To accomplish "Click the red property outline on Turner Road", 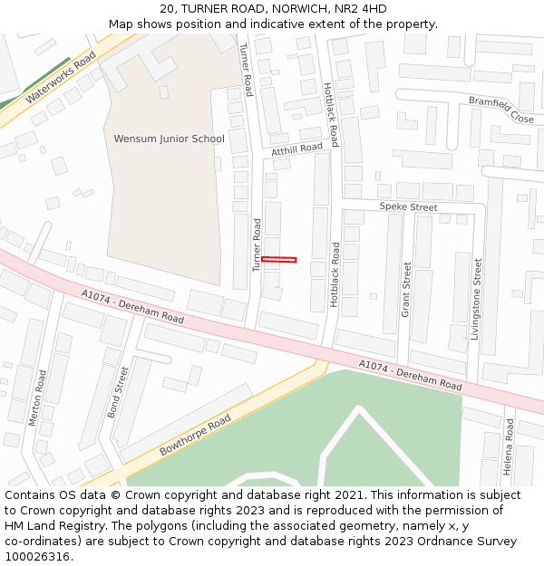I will click(x=279, y=260).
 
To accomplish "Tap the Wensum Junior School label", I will click(x=169, y=139).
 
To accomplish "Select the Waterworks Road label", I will click(x=61, y=77).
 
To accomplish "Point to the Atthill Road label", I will click(x=296, y=148).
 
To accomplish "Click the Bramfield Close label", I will click(x=501, y=110).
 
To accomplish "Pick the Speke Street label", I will click(x=408, y=207).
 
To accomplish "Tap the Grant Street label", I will click(x=406, y=289).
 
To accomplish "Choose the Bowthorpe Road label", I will click(x=195, y=436).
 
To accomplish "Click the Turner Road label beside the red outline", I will click(x=257, y=245).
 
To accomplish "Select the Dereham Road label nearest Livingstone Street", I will click(x=410, y=372).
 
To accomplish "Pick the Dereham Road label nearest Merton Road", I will click(x=132, y=307).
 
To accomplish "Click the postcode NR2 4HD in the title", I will click(x=362, y=9).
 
